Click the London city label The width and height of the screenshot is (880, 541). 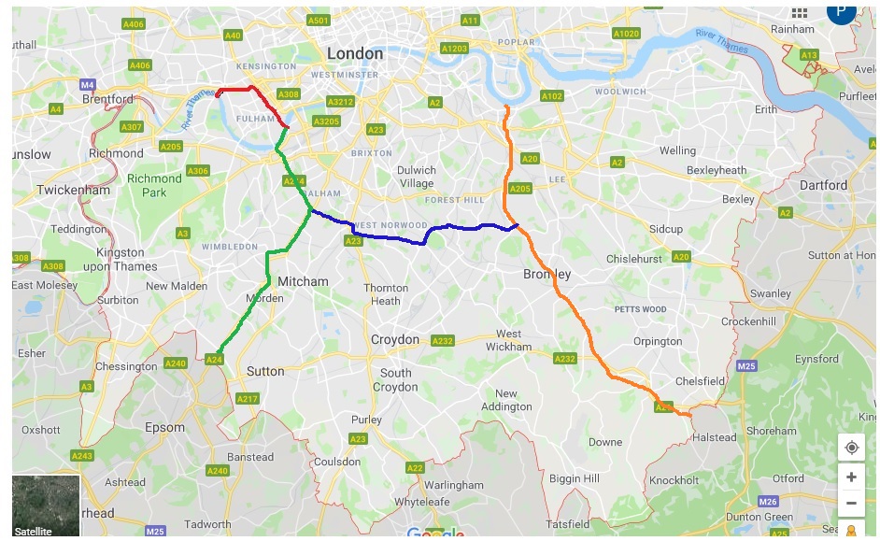coord(355,53)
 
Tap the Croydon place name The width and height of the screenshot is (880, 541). coord(396,339)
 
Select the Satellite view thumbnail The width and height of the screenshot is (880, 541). coord(46,505)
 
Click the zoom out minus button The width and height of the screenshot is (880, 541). coord(851,504)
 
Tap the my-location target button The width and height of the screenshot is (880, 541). coord(851,448)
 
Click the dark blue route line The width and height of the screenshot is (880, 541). coord(392,237)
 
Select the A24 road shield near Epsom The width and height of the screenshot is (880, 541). coord(214,359)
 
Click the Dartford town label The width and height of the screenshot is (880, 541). coord(823,185)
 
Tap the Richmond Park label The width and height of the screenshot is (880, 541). coord(154,184)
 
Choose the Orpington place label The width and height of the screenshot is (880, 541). coord(658,341)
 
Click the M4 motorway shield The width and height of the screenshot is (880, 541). coord(88,83)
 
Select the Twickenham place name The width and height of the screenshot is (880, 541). coord(73,190)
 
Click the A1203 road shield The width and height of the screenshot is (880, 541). coord(455,48)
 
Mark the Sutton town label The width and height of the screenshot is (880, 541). coord(265,371)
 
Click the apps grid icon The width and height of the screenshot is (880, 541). coord(799,12)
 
